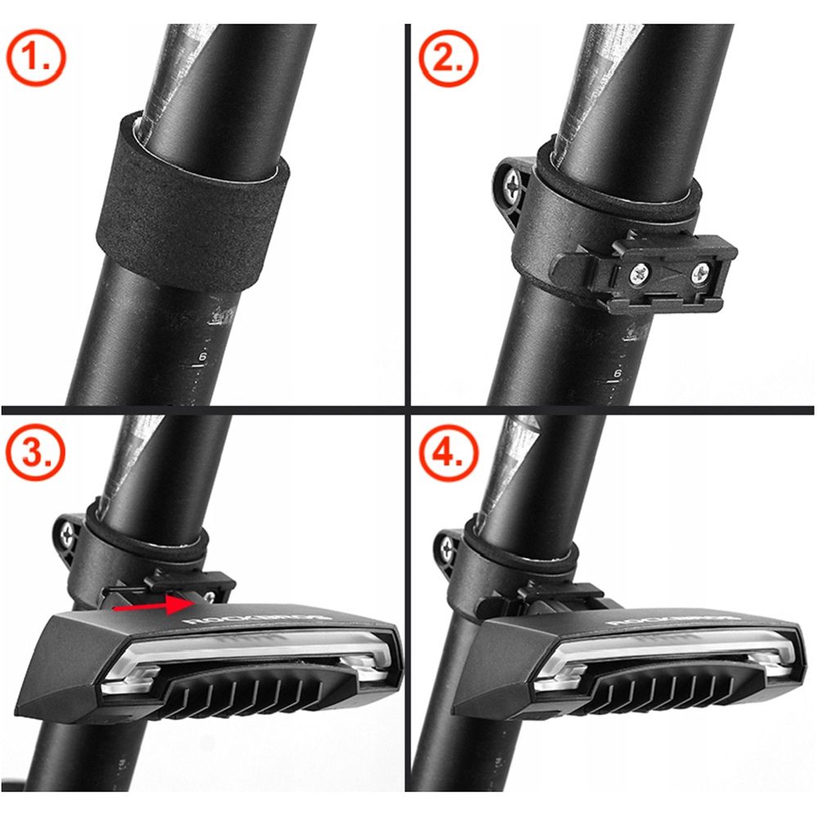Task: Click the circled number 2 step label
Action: point(446,58)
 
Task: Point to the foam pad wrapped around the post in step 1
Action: point(192,204)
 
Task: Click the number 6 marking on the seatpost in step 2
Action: point(618,373)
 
